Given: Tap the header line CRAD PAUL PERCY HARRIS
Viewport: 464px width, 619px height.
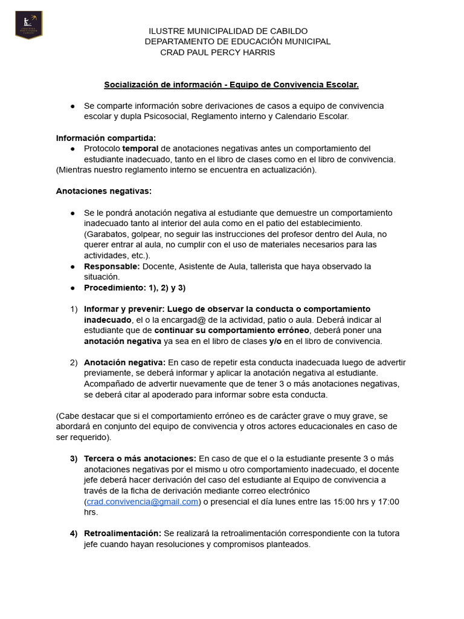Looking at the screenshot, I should coord(217,53).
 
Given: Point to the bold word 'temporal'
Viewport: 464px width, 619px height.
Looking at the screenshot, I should coord(140,149).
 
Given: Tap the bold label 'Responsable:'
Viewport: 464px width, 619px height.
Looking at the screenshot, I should coord(112,266).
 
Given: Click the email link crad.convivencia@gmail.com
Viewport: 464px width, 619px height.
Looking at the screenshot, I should coord(143,502).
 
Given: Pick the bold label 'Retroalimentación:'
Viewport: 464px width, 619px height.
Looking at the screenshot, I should coord(123,533).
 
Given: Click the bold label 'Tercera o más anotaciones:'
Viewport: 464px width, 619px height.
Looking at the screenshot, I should coord(140,458).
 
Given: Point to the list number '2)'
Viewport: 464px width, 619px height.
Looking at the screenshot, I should coord(73,362).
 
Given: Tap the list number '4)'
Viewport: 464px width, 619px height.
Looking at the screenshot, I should coord(73,533).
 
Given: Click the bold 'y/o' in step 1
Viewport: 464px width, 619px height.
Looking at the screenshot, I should coord(275,341).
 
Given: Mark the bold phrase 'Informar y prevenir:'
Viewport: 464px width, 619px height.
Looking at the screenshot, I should coord(124,309).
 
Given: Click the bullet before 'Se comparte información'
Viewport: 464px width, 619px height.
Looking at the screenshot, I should coord(72,106).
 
